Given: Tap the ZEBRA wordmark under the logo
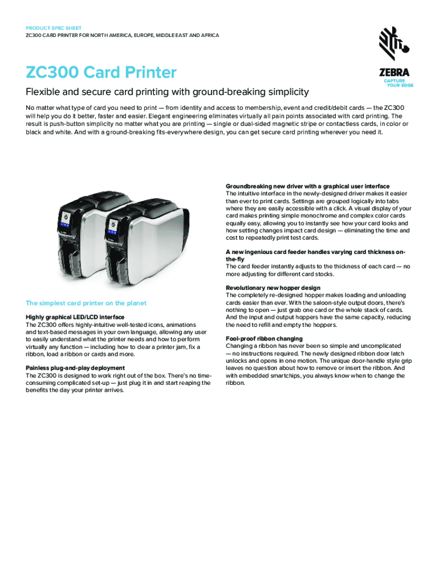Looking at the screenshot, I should pos(393,73).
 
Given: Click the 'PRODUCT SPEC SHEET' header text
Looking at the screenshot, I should pos(54,28).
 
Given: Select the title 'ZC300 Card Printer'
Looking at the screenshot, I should pos(101,73).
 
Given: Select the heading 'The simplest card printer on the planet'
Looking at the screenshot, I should pos(86,303).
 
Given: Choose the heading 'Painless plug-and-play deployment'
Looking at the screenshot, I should pos(76,368).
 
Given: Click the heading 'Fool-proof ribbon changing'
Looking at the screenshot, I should pos(264,339).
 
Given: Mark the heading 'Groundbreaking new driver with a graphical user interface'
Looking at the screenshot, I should pos(307,186).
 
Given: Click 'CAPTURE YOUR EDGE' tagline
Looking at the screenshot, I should pos(398,83).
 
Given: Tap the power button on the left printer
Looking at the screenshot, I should pos(64,217).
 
